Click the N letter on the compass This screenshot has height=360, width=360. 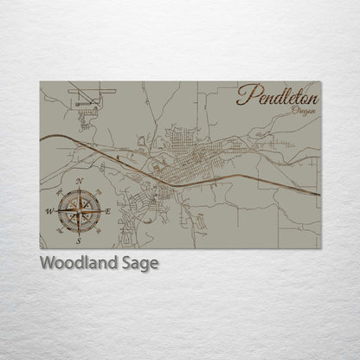coord(80,181)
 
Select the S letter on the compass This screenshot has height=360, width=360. coord(80,240)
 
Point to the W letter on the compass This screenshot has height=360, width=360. coord(49,210)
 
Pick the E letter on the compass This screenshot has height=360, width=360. coord(109,210)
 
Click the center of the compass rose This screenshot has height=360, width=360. coord(80,210)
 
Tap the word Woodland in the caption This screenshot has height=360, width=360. coord(76,263)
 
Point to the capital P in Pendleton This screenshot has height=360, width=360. coord(245,94)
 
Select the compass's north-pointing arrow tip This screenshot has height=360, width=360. coord(80,189)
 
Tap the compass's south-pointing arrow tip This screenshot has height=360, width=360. coord(80,232)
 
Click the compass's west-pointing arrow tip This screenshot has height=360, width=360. coord(57,210)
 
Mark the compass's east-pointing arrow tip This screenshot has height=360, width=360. coord(102,210)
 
